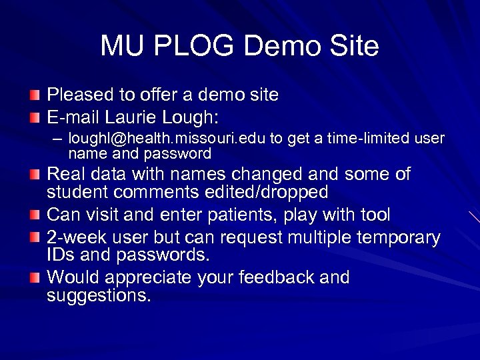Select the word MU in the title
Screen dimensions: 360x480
click(x=124, y=46)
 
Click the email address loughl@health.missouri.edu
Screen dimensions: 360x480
click(x=167, y=138)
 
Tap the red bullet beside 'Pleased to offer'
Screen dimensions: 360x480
click(x=35, y=95)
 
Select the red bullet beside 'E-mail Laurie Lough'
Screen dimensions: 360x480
click(x=35, y=117)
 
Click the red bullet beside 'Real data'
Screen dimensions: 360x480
click(x=35, y=175)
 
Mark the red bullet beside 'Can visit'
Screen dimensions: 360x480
click(x=35, y=215)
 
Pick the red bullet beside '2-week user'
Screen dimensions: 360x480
click(x=35, y=238)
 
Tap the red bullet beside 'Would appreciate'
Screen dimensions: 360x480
click(x=35, y=277)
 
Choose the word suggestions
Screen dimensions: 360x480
click(x=98, y=295)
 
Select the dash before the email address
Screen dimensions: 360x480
click(x=58, y=139)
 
